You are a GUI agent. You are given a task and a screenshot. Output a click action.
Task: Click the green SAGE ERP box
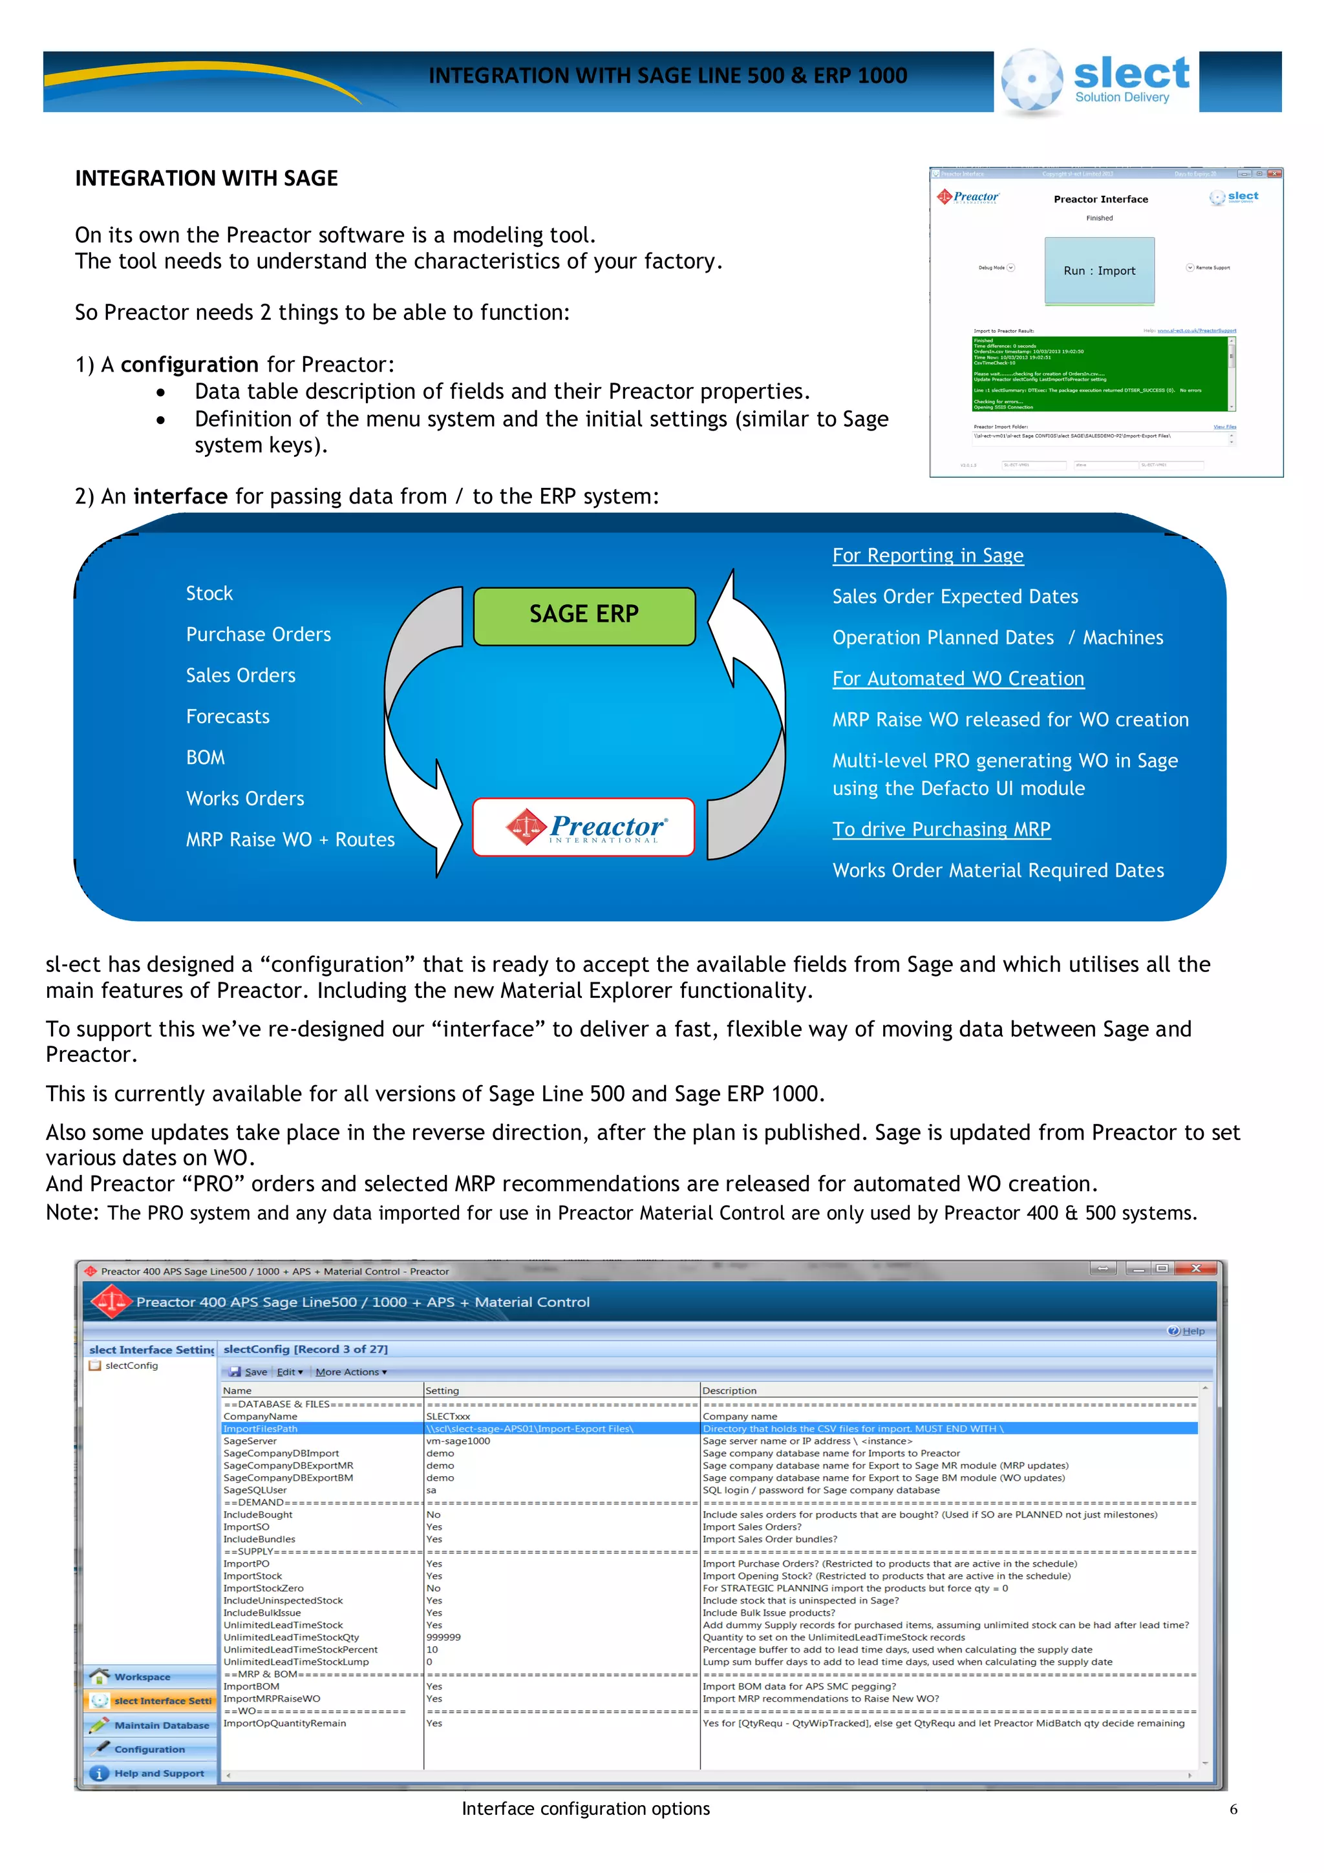[x=584, y=616]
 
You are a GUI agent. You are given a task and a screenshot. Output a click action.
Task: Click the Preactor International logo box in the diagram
[x=584, y=827]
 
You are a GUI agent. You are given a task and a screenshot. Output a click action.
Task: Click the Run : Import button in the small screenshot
[x=1099, y=271]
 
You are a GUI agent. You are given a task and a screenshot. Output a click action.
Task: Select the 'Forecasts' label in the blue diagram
[x=228, y=717]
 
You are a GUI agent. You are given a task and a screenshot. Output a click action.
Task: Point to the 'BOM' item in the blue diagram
[x=206, y=758]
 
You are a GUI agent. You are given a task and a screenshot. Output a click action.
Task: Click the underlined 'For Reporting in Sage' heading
[x=928, y=556]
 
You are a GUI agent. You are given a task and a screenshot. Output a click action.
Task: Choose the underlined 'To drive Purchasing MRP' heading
[x=941, y=830]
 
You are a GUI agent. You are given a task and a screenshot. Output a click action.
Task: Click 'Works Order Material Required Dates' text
[x=998, y=871]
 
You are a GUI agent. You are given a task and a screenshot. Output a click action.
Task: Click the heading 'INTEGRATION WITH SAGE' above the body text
[x=206, y=178]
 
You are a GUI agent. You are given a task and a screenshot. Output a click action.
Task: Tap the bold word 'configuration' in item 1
[x=189, y=365]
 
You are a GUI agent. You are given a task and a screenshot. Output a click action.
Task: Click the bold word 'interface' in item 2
[x=180, y=497]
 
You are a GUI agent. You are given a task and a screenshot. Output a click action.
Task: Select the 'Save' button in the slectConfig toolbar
[x=249, y=1372]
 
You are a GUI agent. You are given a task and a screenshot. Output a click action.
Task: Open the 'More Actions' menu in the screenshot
[x=352, y=1372]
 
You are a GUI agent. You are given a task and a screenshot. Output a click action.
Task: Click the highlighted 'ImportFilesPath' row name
[x=261, y=1428]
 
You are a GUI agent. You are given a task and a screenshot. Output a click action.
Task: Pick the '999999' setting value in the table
[x=443, y=1637]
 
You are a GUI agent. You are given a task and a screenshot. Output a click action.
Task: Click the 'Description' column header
[x=729, y=1391]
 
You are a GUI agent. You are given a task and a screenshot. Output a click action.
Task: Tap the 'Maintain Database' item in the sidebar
[x=161, y=1726]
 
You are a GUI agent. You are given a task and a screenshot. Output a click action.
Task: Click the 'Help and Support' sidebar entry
[x=159, y=1773]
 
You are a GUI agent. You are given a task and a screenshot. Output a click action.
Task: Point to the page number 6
[x=1233, y=1810]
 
